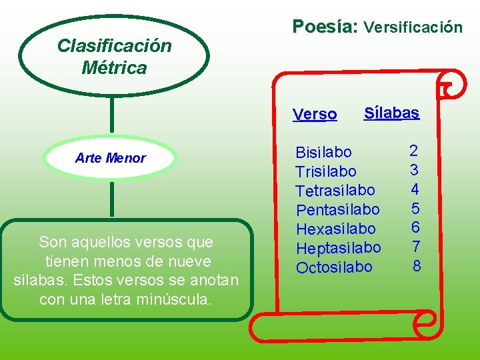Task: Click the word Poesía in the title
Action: (325, 27)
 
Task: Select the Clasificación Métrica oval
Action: (114, 56)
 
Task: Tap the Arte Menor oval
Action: (110, 159)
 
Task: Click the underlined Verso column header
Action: (315, 115)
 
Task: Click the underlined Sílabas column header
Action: (391, 113)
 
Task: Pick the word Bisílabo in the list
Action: (323, 153)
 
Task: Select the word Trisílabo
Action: (325, 172)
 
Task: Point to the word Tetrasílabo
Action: (335, 191)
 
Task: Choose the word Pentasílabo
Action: (337, 210)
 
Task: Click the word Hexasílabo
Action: (335, 229)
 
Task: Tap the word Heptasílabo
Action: (338, 249)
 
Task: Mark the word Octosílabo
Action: (334, 268)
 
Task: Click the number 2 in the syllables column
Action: (413, 151)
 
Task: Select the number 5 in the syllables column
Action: (415, 209)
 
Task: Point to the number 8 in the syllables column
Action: (417, 267)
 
